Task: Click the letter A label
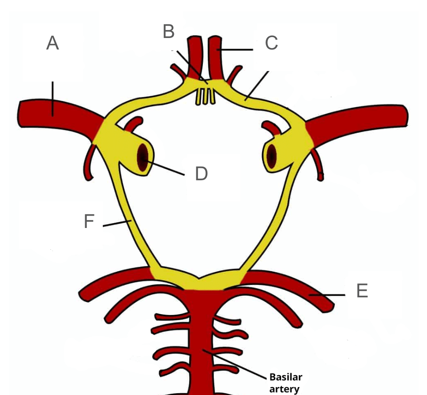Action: click(52, 43)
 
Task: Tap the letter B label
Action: click(169, 31)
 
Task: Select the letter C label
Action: click(271, 43)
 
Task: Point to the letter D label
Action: click(202, 174)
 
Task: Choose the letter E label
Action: click(362, 291)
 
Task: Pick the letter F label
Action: click(89, 221)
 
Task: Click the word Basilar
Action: click(286, 377)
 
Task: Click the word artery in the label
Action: click(285, 389)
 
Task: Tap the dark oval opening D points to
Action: click(142, 157)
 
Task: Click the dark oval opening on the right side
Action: click(271, 156)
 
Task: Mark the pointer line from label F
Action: click(117, 223)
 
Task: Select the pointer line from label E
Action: click(327, 295)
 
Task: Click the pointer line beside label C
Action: click(235, 49)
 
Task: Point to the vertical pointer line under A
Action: click(53, 99)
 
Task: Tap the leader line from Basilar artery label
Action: click(235, 364)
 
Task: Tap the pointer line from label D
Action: click(163, 167)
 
